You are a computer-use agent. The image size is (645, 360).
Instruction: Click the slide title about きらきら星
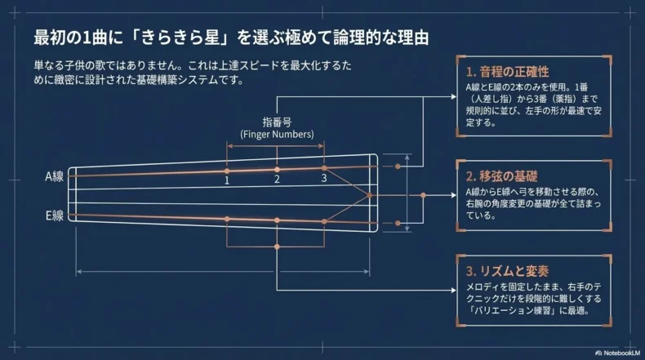233,38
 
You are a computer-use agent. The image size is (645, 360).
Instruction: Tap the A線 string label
55,176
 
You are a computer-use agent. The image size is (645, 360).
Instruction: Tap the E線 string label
55,216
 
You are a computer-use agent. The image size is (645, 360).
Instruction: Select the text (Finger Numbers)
277,133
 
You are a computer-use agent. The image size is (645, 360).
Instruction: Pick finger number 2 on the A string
277,179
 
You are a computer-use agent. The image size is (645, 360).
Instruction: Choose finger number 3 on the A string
323,178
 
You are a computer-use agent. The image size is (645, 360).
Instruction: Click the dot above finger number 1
227,171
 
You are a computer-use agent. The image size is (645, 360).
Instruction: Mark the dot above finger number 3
324,167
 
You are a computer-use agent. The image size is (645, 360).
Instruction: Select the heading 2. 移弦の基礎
502,176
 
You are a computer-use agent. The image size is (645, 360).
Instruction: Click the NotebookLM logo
616,353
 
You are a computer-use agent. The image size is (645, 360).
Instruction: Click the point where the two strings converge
369,195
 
